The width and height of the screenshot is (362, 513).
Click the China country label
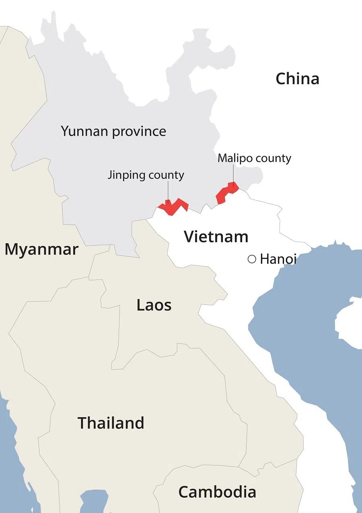297,79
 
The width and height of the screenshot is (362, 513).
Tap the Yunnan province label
113,131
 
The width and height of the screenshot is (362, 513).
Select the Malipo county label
254,158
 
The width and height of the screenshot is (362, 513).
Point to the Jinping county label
146,175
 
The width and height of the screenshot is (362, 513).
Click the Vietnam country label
216,236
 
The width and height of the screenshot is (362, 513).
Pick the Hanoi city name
278,259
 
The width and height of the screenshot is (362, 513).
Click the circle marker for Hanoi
252,259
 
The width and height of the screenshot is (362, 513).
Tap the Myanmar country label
41,250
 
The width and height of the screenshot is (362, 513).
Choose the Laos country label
154,305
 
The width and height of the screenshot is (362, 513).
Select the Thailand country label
111,423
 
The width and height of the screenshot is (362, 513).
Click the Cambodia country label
217,492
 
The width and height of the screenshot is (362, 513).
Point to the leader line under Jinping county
168,191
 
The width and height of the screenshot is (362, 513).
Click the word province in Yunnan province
142,132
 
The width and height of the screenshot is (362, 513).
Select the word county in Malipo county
274,158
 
